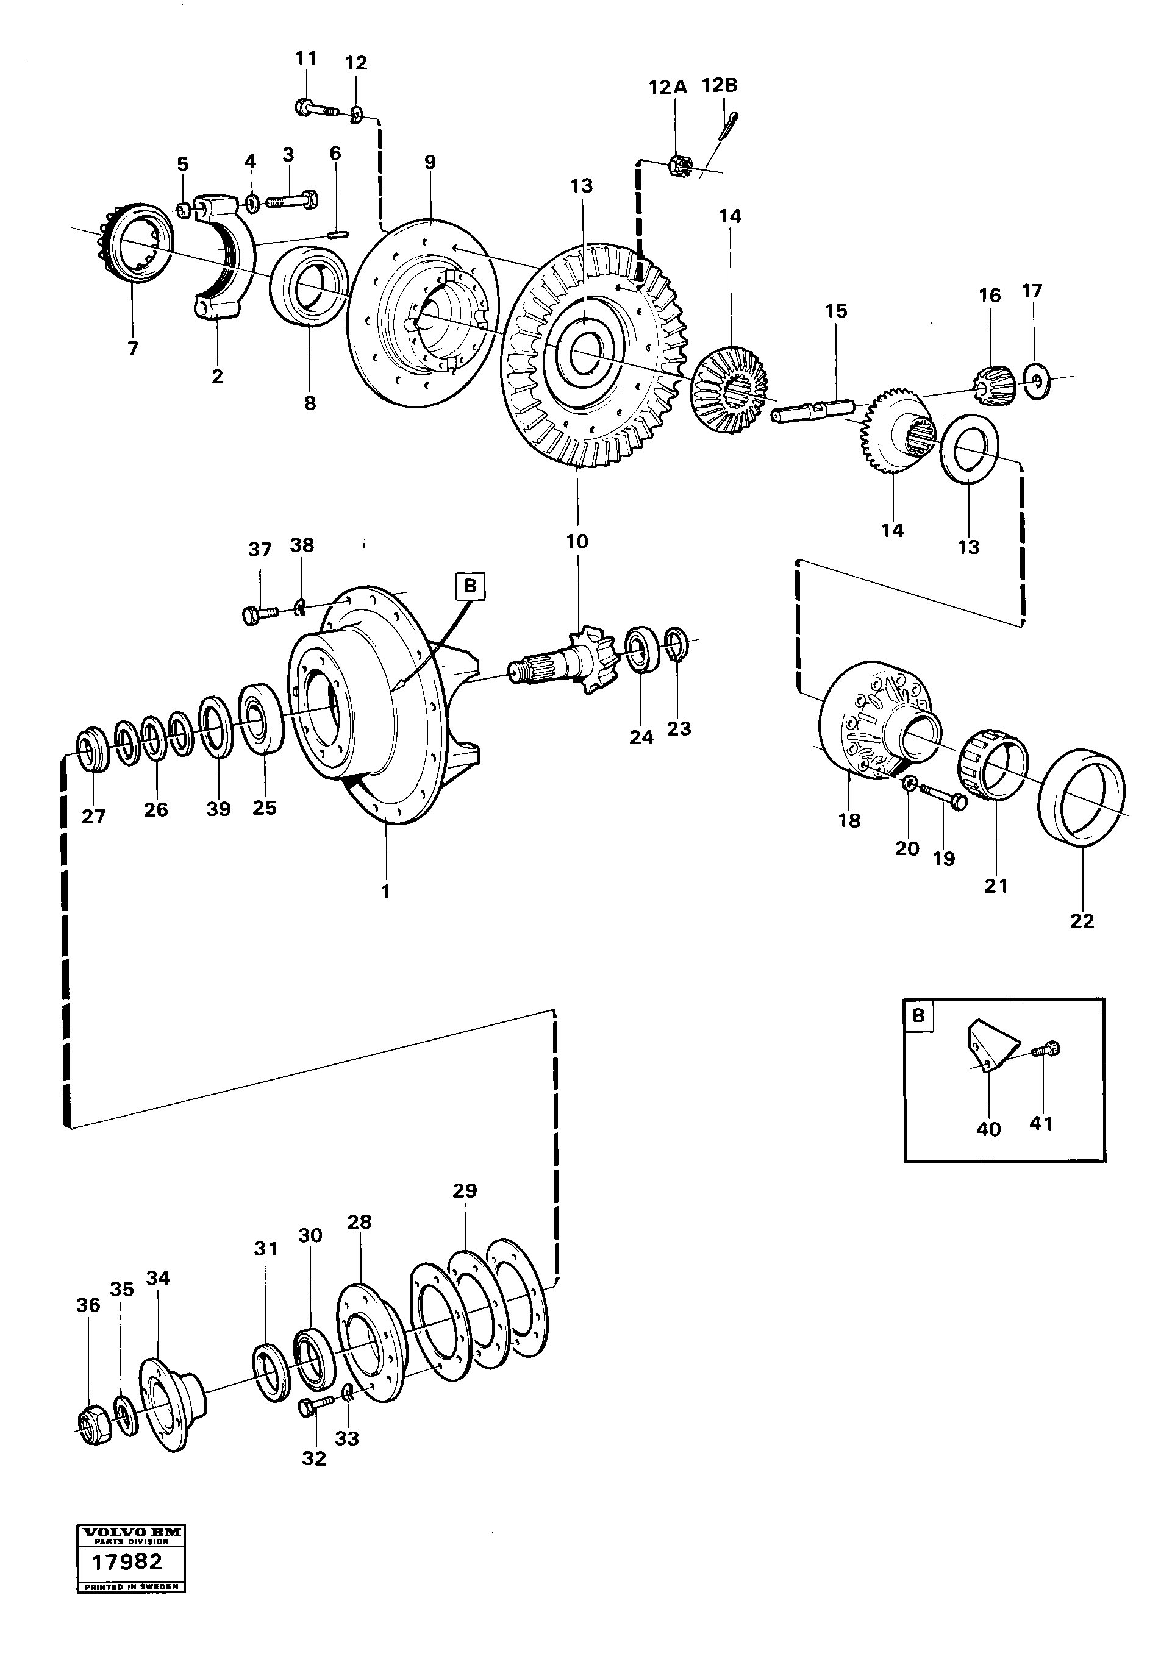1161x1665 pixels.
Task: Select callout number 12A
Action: (x=667, y=88)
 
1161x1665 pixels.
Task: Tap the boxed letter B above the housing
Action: (x=470, y=585)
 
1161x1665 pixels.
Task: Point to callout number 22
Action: (x=1081, y=920)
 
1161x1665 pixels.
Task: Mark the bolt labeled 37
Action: (x=260, y=615)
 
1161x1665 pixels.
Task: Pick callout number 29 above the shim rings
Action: (x=465, y=1190)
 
